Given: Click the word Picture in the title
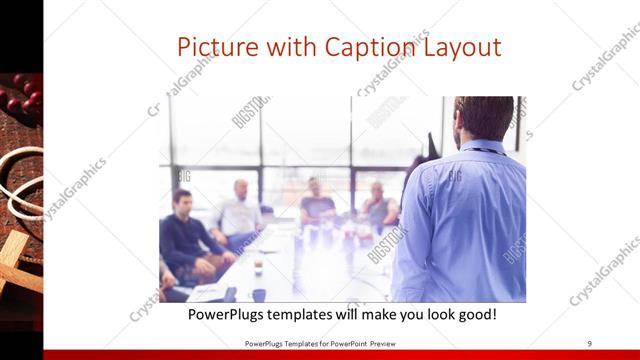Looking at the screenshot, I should [x=215, y=47].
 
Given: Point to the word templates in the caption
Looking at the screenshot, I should [x=320, y=315].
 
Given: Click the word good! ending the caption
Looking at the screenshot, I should [x=473, y=315].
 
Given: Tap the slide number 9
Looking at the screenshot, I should [x=589, y=343].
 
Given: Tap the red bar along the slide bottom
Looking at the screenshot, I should [x=320, y=354].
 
